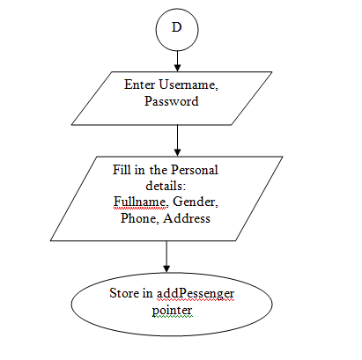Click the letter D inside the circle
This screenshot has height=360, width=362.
click(177, 27)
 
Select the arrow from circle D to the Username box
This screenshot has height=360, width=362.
click(177, 58)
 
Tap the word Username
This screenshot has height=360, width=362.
click(188, 85)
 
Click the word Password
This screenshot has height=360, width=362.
click(171, 101)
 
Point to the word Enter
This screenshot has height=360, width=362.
click(139, 85)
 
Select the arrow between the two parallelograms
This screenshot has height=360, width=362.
click(178, 139)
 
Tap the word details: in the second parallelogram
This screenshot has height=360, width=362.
click(165, 187)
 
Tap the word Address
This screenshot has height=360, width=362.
click(186, 218)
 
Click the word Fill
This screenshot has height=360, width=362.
click(122, 169)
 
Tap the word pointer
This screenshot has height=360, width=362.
click(172, 310)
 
